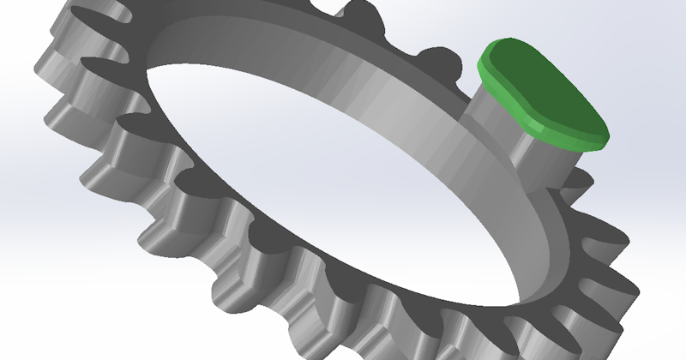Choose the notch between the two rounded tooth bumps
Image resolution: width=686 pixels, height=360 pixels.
coord(403,39)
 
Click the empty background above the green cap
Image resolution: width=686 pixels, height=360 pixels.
coord(557,21)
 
